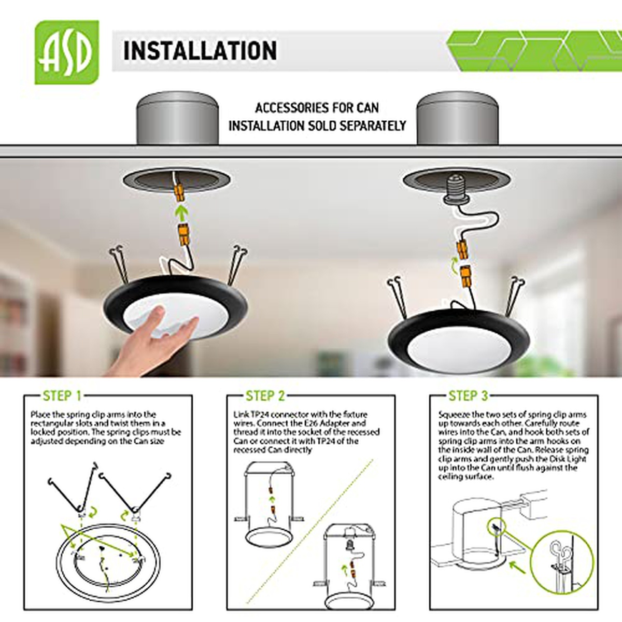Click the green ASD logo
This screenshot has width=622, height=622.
[x=67, y=52]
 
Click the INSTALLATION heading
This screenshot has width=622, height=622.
[x=200, y=51]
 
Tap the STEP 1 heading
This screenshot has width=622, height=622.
[x=62, y=395]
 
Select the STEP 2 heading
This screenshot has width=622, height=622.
[x=265, y=395]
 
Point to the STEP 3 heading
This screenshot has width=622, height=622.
[x=469, y=395]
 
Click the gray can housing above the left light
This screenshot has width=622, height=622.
[x=178, y=118]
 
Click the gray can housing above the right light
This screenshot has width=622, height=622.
[x=457, y=118]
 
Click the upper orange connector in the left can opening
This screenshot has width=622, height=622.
[x=179, y=194]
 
